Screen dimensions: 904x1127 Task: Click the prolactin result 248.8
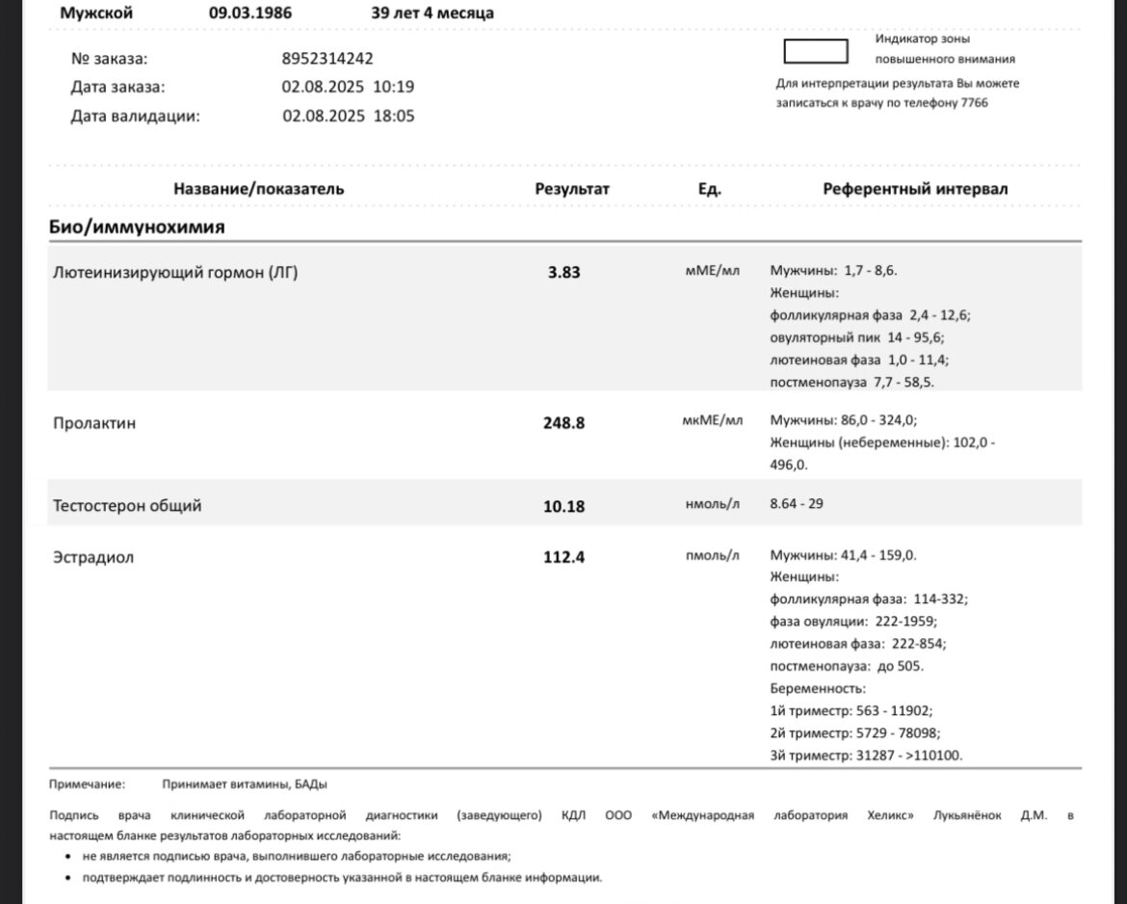[563, 422]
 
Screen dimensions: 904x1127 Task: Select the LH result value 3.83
[563, 273]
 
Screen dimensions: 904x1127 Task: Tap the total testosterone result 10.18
[563, 506]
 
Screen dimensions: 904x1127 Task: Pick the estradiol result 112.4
[563, 557]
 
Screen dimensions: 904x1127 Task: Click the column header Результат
[572, 189]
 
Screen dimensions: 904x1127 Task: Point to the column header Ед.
[709, 189]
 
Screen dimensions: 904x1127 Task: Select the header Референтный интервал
[915, 189]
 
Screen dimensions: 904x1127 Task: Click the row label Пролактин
[94, 422]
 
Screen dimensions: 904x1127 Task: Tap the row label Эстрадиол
[93, 557]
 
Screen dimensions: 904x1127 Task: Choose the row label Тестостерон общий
[127, 505]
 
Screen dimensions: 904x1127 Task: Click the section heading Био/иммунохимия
[137, 227]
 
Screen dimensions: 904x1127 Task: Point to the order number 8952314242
[328, 58]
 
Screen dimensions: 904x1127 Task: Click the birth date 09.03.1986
[250, 13]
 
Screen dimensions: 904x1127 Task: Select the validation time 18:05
[394, 116]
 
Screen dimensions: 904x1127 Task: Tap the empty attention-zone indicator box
[815, 51]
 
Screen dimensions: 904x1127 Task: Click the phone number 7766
[975, 103]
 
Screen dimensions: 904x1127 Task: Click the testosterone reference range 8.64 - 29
[797, 504]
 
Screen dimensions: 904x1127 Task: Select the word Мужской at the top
[96, 13]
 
